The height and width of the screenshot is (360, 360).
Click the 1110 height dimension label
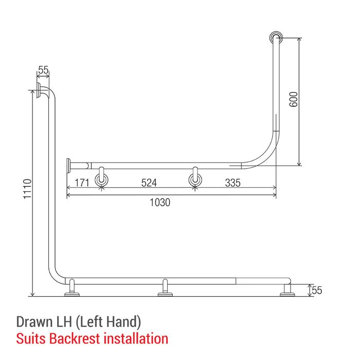pos(28,189)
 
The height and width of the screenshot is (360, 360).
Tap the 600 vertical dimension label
pos(294,99)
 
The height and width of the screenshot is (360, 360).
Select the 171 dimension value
pos(82,183)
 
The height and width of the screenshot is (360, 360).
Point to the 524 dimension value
pos(149,183)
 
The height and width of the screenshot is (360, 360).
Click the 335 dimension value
pos(233,183)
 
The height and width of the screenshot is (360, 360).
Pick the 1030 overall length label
pos(160,203)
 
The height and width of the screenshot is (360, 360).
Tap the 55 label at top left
pos(43,70)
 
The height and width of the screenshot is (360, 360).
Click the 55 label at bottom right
pos(317,291)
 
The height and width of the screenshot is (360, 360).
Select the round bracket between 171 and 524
pos(102,179)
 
